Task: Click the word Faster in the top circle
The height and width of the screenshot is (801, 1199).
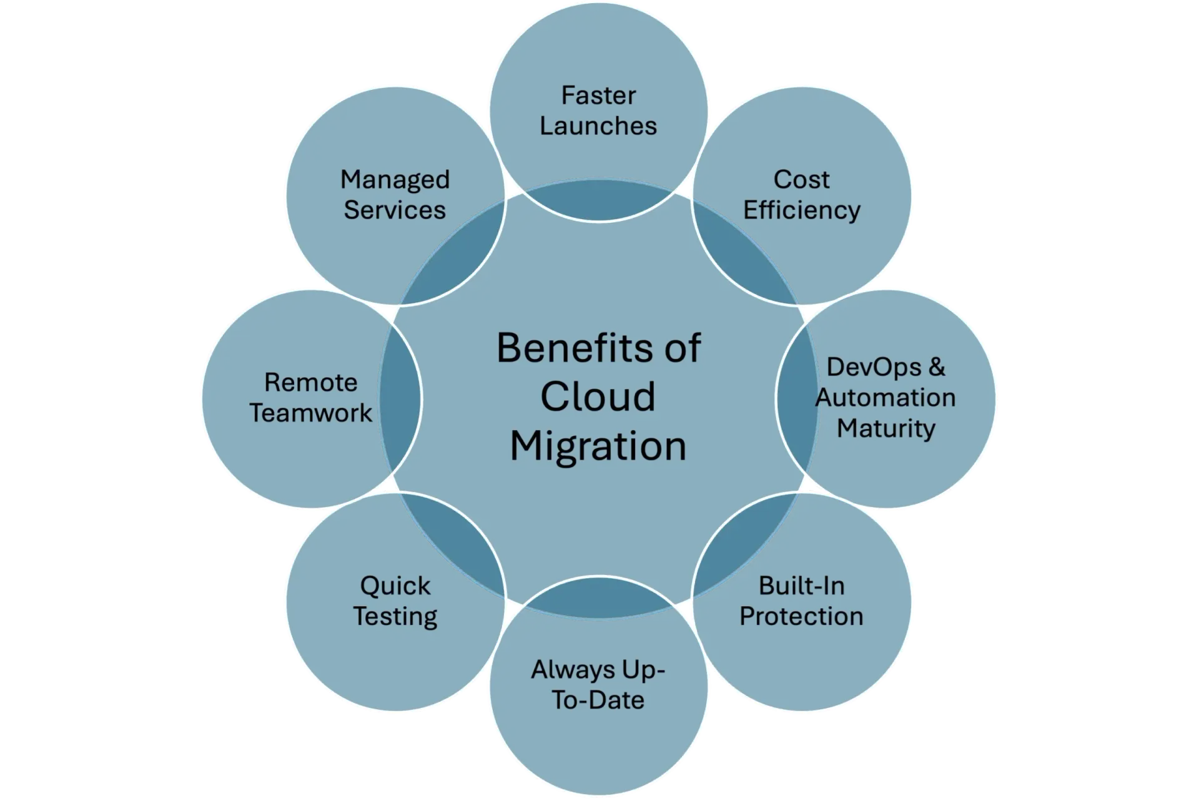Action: click(x=598, y=96)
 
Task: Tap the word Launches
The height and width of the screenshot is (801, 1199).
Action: click(x=598, y=126)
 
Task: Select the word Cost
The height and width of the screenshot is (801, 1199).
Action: click(x=801, y=180)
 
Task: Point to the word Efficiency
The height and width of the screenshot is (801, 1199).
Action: click(x=801, y=210)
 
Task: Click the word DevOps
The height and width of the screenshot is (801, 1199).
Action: click(x=873, y=367)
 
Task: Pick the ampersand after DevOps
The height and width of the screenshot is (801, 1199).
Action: click(x=937, y=367)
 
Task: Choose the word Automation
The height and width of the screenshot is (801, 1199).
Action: click(x=886, y=398)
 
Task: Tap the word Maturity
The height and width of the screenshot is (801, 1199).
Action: click(x=886, y=428)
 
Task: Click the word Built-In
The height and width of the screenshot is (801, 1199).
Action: click(x=801, y=586)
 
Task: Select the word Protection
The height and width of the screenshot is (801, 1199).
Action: click(x=801, y=617)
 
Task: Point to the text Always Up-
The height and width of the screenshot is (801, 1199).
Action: click(x=598, y=670)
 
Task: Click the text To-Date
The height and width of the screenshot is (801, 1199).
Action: click(x=598, y=700)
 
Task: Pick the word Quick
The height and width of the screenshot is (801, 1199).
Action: click(x=395, y=586)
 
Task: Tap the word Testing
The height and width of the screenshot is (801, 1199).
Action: click(x=395, y=617)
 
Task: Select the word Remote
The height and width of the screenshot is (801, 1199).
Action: click(x=310, y=383)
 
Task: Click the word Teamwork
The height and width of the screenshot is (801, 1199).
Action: click(x=310, y=413)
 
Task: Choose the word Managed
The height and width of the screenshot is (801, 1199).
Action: click(x=395, y=180)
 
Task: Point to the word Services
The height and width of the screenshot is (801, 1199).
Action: click(x=395, y=210)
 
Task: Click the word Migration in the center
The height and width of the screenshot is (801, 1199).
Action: click(x=598, y=446)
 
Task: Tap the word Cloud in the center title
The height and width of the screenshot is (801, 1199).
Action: click(x=598, y=396)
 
